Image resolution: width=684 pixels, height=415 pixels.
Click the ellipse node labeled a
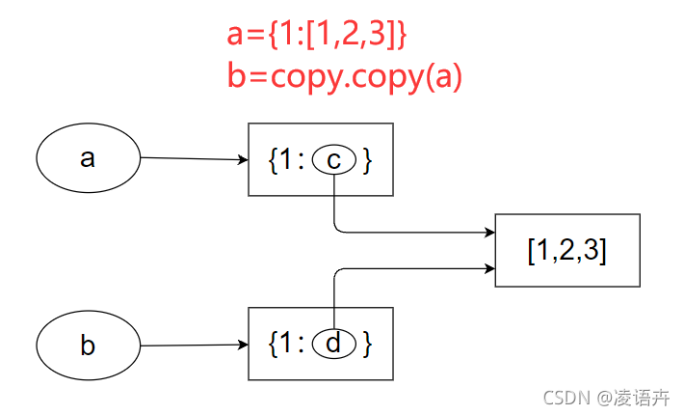(88, 157)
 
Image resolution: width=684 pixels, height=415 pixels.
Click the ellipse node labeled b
(88, 346)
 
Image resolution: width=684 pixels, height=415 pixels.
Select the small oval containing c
(333, 160)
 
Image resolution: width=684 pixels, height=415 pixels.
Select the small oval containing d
(333, 344)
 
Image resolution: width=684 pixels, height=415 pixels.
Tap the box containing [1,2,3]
(566, 250)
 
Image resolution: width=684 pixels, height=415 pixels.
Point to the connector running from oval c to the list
(405, 232)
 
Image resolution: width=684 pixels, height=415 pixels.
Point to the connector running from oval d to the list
(405, 269)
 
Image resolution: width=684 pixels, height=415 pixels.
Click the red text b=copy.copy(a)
(345, 76)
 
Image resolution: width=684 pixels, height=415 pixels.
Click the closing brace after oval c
(367, 160)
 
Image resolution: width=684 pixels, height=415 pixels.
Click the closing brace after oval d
(367, 345)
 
